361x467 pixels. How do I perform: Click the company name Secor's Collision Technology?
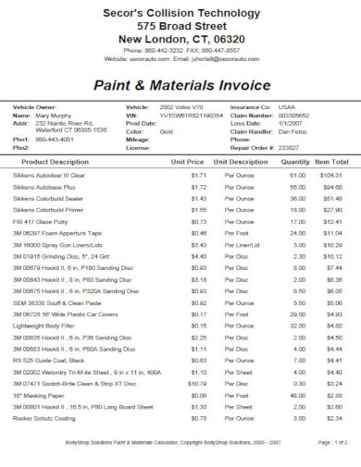[x=180, y=12]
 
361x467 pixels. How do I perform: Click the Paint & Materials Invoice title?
[x=180, y=84]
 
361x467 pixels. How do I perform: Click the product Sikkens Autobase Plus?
[x=44, y=186]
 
